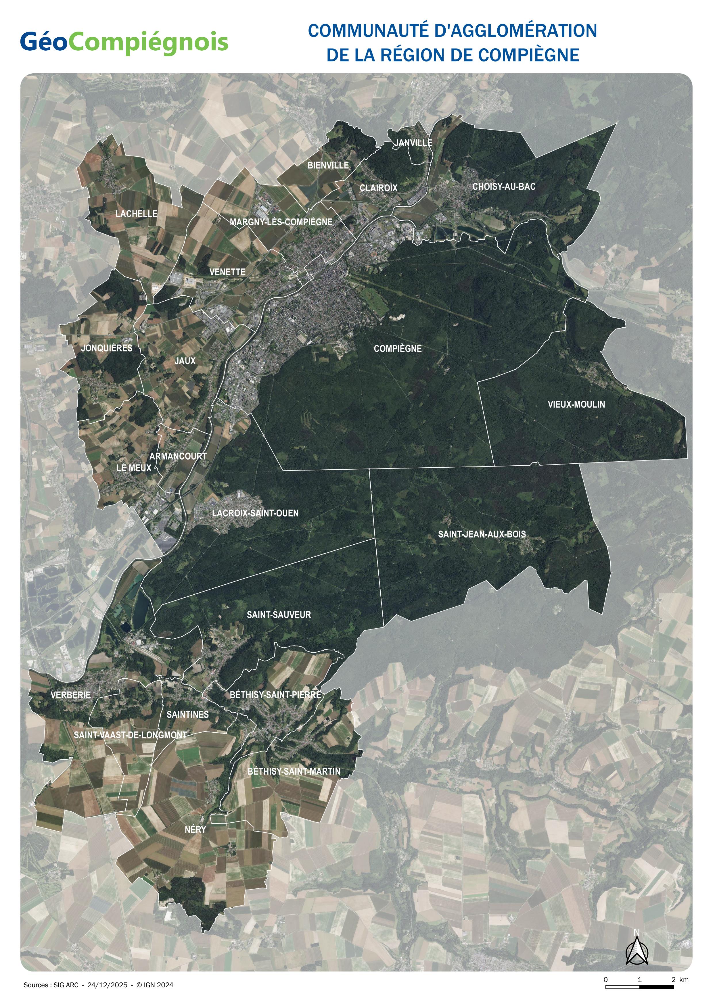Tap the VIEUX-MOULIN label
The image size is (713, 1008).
[x=576, y=404]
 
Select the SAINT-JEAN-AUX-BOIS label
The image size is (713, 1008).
[x=482, y=534]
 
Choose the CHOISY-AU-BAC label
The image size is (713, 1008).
[x=504, y=187]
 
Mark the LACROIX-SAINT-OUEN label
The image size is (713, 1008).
[x=255, y=513]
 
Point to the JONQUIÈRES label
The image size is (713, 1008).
[x=107, y=348]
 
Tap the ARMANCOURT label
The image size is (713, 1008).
[x=178, y=456]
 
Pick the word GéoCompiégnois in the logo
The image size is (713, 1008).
[x=124, y=43]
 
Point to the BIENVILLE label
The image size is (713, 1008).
[x=328, y=166]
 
